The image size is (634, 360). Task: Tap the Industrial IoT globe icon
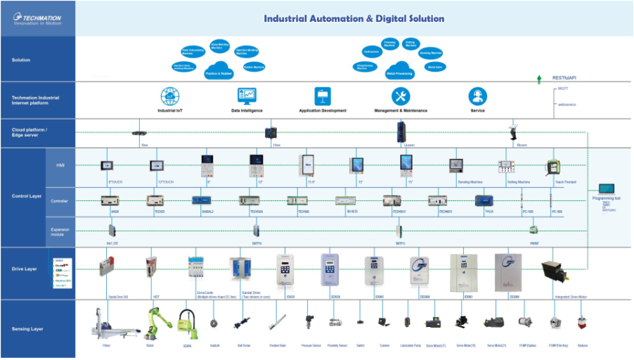coord(170,96)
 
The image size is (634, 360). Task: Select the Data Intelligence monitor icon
coord(247,96)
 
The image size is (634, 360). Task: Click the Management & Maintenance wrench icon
coord(401,96)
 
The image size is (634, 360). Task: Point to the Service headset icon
coord(478,96)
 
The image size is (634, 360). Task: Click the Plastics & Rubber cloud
coord(219,72)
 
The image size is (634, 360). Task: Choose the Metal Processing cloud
coord(398,72)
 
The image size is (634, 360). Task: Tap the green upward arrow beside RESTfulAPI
coord(539,79)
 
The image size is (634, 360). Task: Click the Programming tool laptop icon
coord(607,190)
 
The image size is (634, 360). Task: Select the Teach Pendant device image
coord(553,167)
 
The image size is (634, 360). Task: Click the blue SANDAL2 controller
coord(202,200)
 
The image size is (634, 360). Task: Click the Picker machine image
coord(106,324)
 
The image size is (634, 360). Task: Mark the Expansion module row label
coord(60,231)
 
